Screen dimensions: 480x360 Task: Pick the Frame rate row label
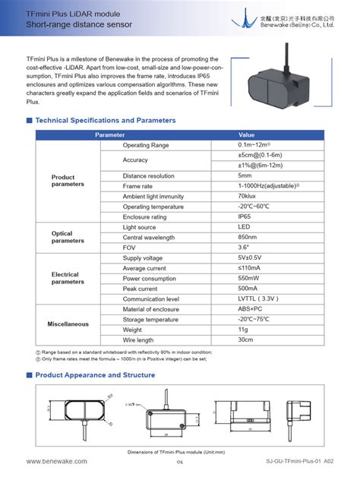137,186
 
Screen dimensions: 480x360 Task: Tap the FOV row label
129,248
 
